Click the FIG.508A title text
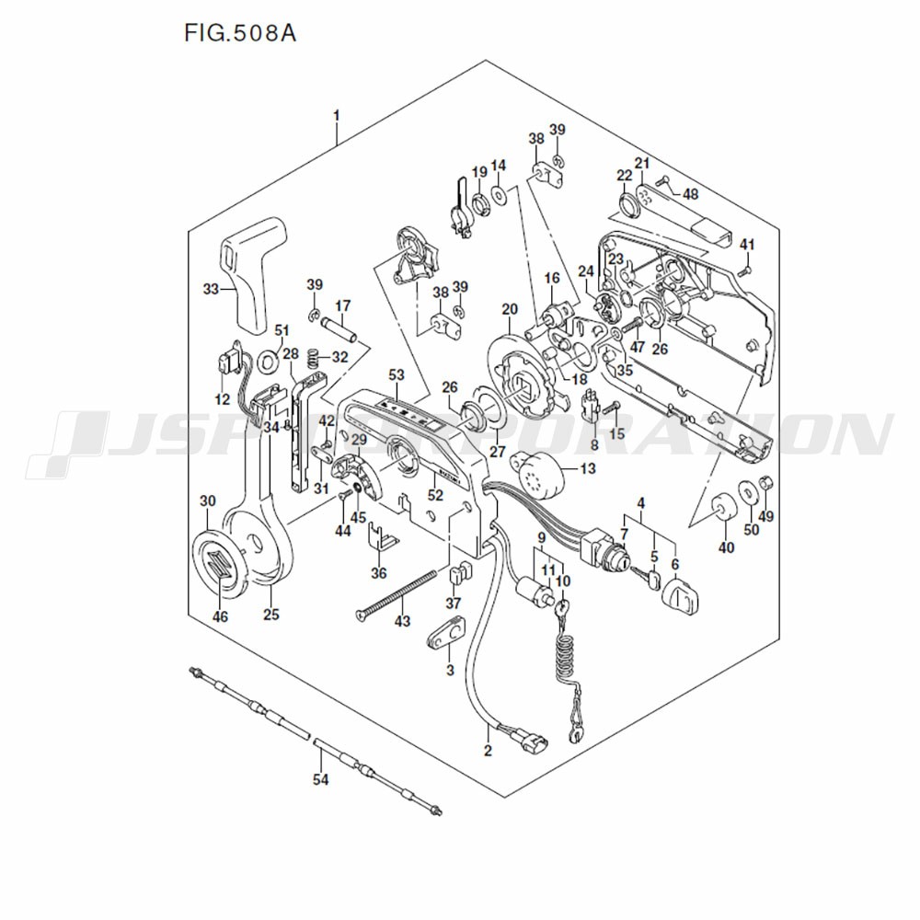[x=240, y=34]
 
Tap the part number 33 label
[x=211, y=290]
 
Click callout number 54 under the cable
[x=319, y=779]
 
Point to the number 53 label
[x=397, y=375]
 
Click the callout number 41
[x=747, y=245]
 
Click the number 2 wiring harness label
[x=488, y=751]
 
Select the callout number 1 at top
[x=337, y=116]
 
